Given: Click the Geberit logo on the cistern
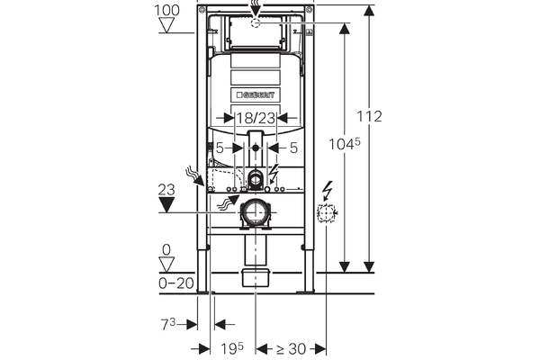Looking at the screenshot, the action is (x=256, y=94).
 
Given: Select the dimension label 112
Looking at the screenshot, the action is (x=369, y=116).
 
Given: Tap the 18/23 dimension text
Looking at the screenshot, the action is (x=256, y=118).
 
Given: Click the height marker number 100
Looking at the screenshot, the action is (x=166, y=10).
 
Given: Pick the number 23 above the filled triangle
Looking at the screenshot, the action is (x=166, y=190).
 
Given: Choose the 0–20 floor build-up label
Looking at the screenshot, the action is (x=176, y=283).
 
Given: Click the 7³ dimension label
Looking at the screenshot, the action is (x=168, y=324).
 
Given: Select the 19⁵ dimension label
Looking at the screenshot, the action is (x=232, y=348).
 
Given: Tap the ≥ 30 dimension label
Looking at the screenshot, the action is (x=291, y=349).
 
